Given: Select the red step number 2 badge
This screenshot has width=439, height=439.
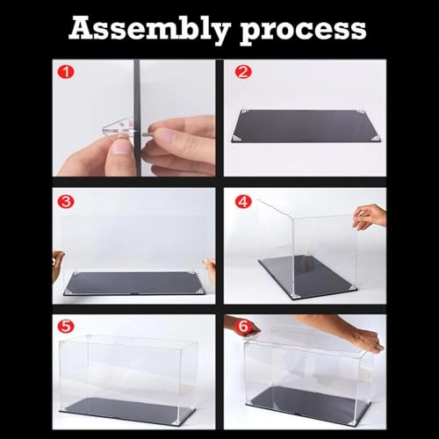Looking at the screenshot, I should coord(243,71).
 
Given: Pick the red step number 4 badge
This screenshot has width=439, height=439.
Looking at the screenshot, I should coord(243,201).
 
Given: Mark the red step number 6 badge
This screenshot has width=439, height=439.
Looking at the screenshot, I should coord(243,326).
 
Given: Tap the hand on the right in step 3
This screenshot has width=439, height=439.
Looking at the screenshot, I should coord(210,268).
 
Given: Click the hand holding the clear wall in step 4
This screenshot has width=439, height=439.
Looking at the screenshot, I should coord(369,215).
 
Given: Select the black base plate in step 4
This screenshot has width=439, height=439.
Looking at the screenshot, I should coord(307,276).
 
